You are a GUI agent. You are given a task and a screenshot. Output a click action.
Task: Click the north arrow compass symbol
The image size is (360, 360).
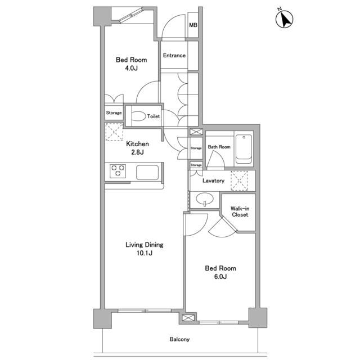tap(284, 19)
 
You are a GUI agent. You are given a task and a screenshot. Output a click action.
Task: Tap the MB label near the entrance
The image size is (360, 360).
tap(193, 25)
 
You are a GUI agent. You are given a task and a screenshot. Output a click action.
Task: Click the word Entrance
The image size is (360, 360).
tap(174, 55)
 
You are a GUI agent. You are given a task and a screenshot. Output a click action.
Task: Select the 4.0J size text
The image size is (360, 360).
tap(131, 68)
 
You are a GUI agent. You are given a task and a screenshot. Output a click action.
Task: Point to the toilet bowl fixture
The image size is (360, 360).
tap(139, 116)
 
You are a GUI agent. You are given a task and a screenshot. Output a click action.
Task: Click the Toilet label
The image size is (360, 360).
tap(154, 116)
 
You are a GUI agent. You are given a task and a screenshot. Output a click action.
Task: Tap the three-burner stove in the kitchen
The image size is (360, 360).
tap(118, 171)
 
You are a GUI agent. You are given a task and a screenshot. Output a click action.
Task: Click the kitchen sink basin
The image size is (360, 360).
tap(147, 173)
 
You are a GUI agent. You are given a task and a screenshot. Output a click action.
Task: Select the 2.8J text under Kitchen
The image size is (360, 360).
tap(137, 152)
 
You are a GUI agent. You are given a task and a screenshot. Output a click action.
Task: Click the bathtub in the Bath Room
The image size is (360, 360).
tap(244, 148)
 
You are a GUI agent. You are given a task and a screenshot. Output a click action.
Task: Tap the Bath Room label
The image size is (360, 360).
tap(219, 147)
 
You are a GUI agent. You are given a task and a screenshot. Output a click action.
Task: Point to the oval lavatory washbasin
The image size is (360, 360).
tap(205, 199)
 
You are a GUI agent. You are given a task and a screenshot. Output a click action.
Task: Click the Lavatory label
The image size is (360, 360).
tap(213, 181)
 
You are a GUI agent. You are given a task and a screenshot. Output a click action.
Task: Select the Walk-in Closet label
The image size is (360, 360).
tap(240, 211)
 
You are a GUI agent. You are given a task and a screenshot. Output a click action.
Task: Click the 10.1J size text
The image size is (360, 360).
tap(145, 253)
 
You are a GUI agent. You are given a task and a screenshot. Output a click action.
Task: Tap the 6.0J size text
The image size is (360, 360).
tap(220, 277)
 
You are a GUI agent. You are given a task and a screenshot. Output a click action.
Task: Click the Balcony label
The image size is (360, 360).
tap(179, 339)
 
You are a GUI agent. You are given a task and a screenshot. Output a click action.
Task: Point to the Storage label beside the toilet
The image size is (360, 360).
tap(114, 112)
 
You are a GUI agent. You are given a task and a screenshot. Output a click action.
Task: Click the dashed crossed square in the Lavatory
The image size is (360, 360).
tap(239, 181)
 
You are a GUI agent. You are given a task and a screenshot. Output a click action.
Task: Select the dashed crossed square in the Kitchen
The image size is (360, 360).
tap(114, 132)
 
